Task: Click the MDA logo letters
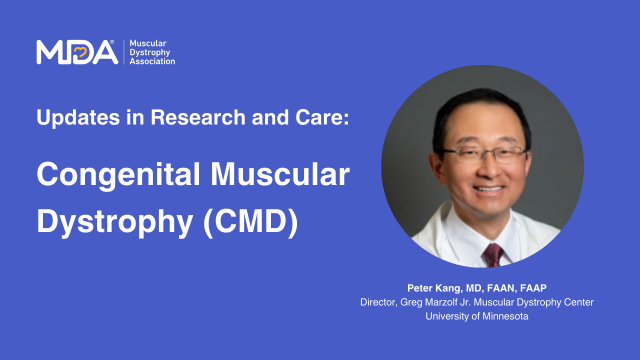coord(76,52)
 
